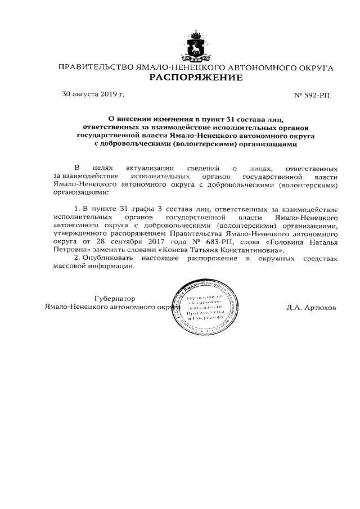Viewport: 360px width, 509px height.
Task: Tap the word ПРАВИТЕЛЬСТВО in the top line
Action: point(93,67)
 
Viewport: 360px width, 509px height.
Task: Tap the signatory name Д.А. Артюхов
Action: point(311,308)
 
